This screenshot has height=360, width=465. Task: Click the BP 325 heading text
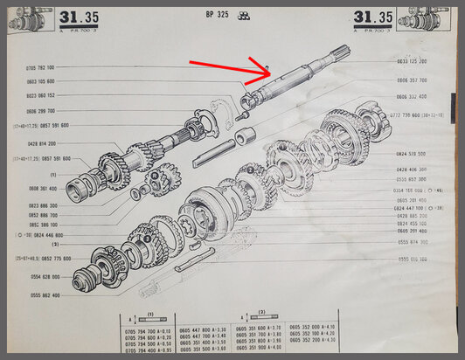(x=218, y=14)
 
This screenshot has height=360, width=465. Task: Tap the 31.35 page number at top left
(x=76, y=17)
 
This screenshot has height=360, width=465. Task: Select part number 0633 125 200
(x=412, y=62)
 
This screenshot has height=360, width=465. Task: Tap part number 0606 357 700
(x=412, y=80)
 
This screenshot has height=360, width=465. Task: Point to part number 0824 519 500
(x=412, y=152)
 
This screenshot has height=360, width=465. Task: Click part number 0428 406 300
(x=412, y=169)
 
